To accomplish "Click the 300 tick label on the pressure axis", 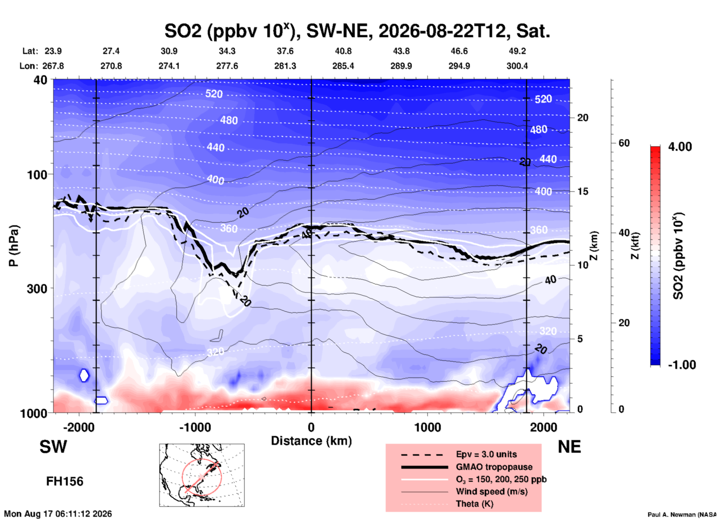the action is click(x=37, y=289).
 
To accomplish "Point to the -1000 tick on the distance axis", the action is click(x=195, y=427).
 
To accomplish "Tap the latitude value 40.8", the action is click(x=343, y=51).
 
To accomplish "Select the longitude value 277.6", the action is click(x=227, y=66).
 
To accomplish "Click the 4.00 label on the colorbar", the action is click(x=680, y=147).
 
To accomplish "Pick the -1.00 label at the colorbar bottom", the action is click(x=682, y=364).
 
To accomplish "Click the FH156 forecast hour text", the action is click(x=65, y=481).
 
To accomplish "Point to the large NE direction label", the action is click(x=569, y=447).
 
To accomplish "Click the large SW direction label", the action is click(x=53, y=447).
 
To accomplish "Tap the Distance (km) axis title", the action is click(x=311, y=441).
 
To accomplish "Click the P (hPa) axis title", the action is click(x=14, y=246).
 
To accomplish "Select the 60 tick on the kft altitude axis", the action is click(x=624, y=143).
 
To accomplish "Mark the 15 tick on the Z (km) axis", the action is click(x=583, y=191).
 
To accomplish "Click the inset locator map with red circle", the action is click(x=202, y=475).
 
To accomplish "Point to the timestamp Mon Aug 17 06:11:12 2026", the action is click(x=58, y=514).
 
